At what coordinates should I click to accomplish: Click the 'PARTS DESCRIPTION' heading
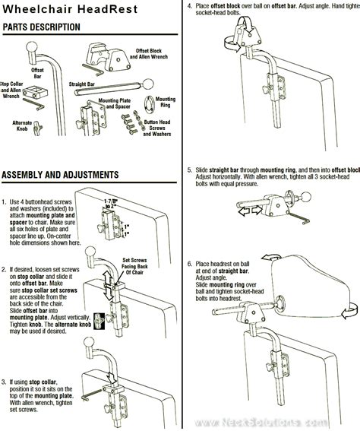[41, 27]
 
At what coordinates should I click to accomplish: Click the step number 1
[5, 201]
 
